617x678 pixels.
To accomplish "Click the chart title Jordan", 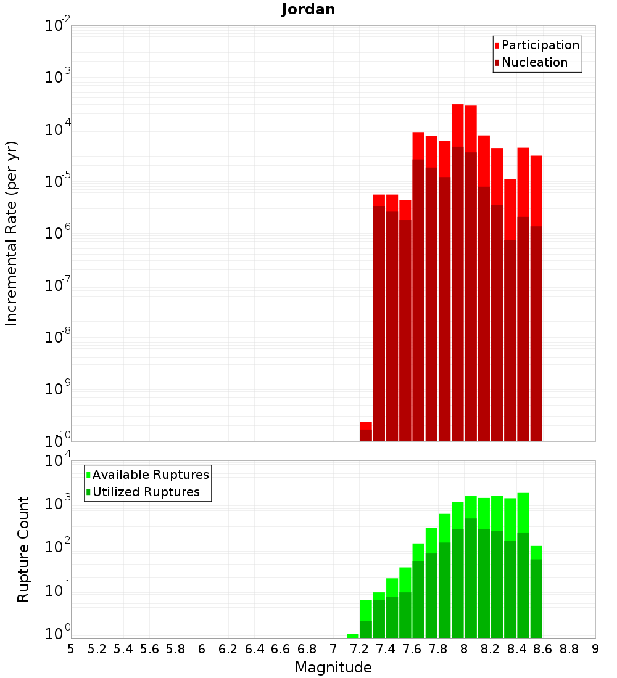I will point(308,9).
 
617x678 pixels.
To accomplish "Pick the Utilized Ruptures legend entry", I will point(146,492).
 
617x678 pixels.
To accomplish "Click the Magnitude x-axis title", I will point(333,668).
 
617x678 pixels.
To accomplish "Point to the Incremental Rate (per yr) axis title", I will point(12,234).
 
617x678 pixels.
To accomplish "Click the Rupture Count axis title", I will point(23,549).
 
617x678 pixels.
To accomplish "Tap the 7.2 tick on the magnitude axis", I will point(359,649).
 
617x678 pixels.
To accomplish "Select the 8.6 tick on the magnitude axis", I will point(543,649).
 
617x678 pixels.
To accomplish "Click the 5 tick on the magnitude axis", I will point(71,649).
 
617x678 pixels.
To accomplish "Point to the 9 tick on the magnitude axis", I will point(595,649).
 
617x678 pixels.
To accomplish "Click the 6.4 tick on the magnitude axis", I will point(254,649).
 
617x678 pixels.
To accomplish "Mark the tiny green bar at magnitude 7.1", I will point(353,635).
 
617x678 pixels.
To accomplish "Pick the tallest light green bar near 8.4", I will point(523,512).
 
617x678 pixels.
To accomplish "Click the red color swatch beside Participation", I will point(497,46).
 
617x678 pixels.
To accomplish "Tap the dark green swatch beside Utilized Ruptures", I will point(88,492).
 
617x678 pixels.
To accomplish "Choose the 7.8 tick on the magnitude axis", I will point(438,649).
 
